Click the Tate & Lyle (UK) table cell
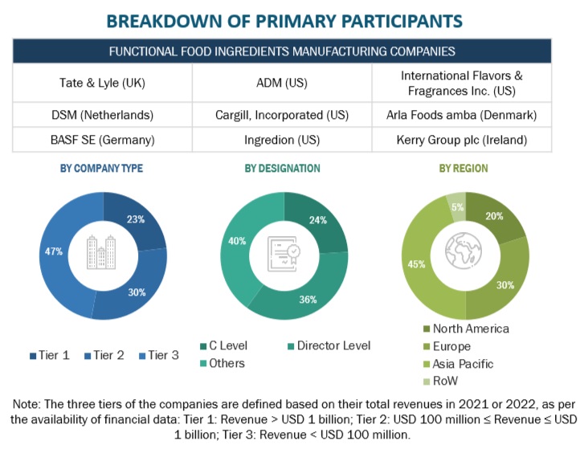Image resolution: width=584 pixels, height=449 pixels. tap(101, 82)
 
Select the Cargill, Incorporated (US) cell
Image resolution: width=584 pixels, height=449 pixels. tap(282, 115)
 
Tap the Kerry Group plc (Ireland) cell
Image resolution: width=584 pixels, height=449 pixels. tap(462, 140)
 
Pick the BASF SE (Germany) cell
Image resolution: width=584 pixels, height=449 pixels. tap(101, 140)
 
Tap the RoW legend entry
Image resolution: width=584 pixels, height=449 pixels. tap(447, 381)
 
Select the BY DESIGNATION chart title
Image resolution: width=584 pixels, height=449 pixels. tap(282, 169)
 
